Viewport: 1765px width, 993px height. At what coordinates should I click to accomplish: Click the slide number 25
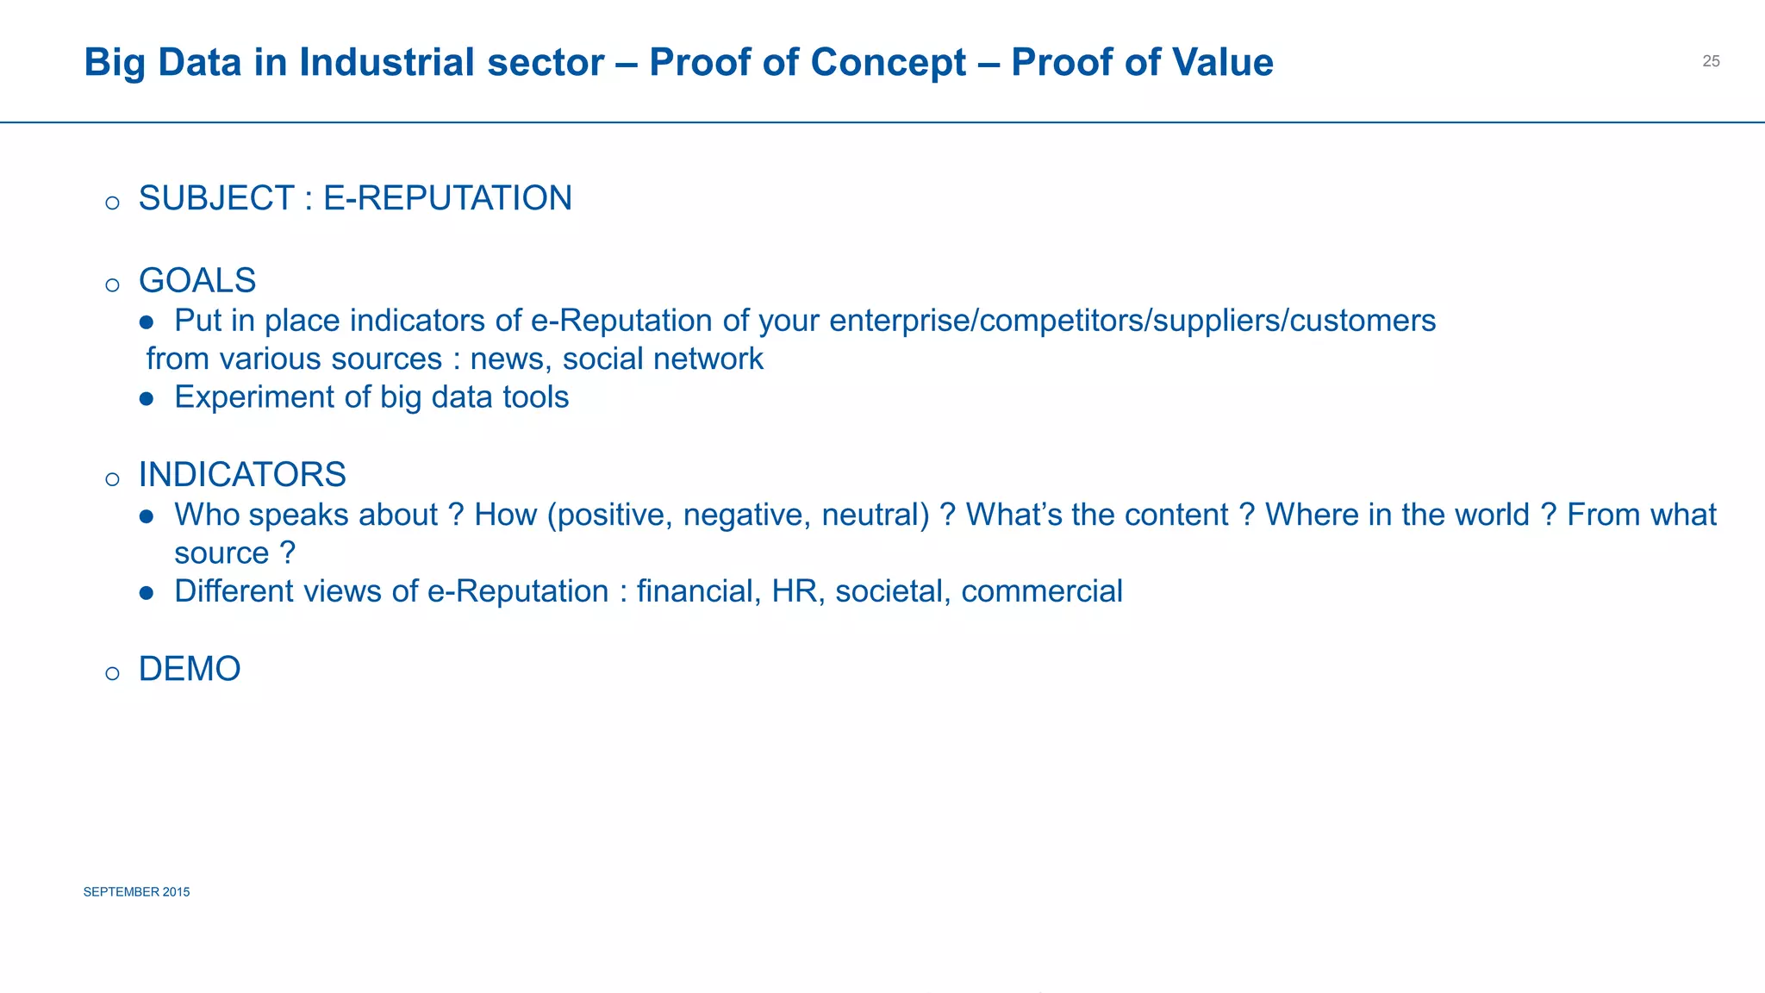coord(1711,61)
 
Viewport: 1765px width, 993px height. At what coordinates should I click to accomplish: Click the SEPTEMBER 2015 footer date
coord(136,892)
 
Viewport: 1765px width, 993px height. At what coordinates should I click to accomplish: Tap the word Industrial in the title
coord(452,62)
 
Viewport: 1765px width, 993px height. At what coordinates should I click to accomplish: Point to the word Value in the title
coord(1223,62)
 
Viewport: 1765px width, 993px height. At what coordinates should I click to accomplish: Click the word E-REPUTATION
coord(447,198)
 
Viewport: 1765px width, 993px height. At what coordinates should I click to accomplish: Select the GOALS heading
coord(197,281)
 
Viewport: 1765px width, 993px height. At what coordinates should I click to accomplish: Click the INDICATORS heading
coord(242,475)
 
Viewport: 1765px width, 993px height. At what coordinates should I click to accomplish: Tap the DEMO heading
coord(190,669)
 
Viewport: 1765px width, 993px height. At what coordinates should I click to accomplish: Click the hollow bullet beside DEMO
coord(112,674)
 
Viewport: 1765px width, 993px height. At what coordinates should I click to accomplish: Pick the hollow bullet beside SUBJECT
coord(112,203)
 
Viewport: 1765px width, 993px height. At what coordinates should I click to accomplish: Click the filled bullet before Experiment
coord(147,399)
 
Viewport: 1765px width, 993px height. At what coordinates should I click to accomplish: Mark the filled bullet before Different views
coord(147,593)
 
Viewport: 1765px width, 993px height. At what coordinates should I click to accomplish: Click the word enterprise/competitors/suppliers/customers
coord(1132,321)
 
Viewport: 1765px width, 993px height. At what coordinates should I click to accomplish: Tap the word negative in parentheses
coord(746,515)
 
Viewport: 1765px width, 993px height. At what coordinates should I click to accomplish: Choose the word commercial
coord(1042,591)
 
